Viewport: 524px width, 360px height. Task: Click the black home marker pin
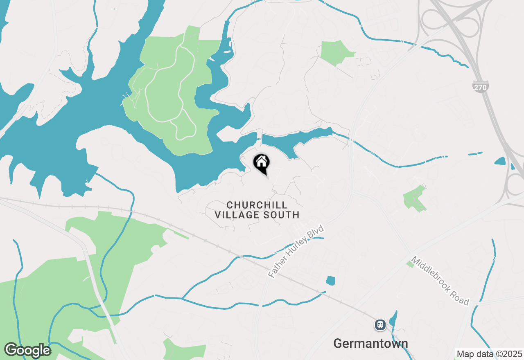click(x=261, y=163)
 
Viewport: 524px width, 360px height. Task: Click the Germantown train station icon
click(x=380, y=325)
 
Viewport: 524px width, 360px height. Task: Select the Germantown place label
click(x=370, y=343)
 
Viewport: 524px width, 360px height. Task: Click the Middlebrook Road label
click(x=440, y=281)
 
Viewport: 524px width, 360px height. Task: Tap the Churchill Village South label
click(x=257, y=209)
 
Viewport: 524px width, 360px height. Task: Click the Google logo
click(x=27, y=350)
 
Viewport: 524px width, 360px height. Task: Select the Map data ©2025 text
click(x=489, y=354)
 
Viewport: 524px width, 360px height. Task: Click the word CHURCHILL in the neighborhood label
click(x=257, y=205)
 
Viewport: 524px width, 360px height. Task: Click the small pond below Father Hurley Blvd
click(x=330, y=281)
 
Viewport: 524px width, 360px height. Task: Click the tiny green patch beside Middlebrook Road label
click(x=410, y=264)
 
